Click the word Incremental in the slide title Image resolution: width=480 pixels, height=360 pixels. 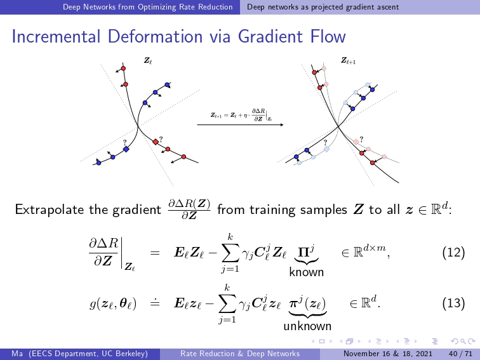point(56,36)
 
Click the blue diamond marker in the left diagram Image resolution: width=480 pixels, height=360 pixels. point(126,149)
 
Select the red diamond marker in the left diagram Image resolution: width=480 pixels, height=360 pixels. point(156,142)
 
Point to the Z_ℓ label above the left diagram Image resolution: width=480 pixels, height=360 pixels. point(148,60)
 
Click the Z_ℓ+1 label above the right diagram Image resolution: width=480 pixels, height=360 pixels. point(349,60)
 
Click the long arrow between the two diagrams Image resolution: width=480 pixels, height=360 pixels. point(240,124)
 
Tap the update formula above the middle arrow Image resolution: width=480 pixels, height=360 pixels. point(241,115)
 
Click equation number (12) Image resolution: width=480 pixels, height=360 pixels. point(453,253)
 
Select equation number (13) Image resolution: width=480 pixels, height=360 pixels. point(453,303)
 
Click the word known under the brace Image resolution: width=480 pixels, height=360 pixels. point(307,272)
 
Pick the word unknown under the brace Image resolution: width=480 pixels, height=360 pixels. point(307,326)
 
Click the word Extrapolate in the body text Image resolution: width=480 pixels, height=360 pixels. point(50,210)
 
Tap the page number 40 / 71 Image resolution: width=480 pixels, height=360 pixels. point(460,354)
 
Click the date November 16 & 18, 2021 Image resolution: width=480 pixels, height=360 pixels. point(387,354)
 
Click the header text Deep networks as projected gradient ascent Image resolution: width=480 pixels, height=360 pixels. point(323,7)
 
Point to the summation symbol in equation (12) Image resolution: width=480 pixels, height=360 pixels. point(230,253)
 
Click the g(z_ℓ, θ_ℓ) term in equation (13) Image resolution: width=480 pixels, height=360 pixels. point(113,303)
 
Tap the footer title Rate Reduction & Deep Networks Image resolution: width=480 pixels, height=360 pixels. point(240,354)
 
